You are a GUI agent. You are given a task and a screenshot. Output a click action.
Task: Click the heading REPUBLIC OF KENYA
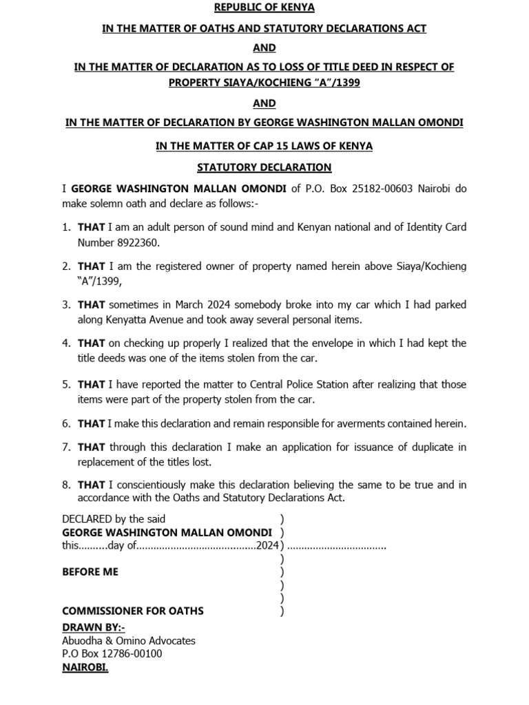tap(264, 8)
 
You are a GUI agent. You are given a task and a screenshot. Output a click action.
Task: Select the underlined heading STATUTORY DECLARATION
tap(264, 167)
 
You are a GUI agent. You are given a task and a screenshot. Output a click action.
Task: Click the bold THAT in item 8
tap(91, 485)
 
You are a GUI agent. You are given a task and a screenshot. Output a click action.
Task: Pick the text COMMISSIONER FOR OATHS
tap(132, 611)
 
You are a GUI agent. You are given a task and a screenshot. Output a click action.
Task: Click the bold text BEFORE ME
tap(90, 571)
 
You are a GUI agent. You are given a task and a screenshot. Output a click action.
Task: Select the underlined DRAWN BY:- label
tap(94, 627)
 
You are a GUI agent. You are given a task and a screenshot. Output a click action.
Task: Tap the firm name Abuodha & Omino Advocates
tap(129, 640)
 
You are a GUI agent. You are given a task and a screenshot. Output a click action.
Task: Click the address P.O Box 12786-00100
tap(112, 653)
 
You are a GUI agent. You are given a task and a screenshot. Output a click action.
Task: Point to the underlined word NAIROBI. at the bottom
tap(85, 667)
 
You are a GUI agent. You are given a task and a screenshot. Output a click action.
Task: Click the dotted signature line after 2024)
tap(336, 547)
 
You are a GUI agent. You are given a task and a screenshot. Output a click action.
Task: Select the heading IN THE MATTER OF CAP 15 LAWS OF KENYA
tap(264, 145)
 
